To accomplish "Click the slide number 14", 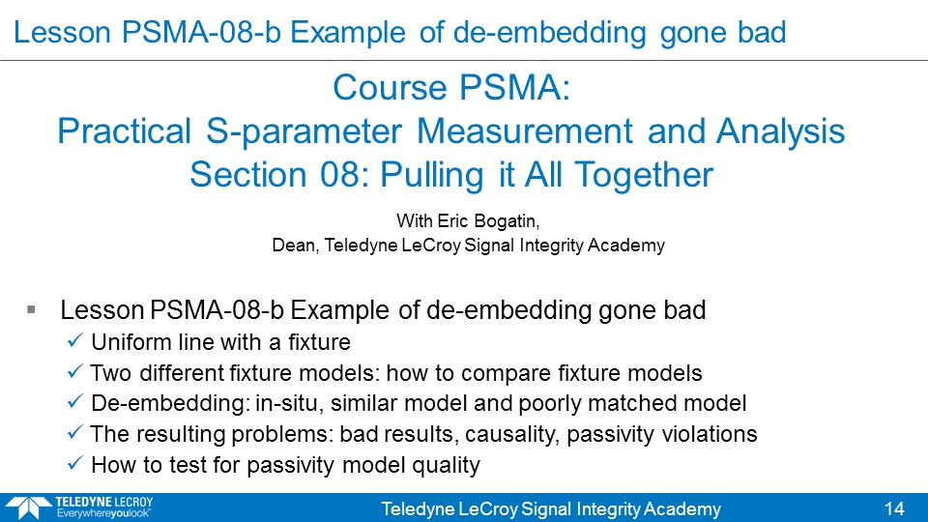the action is click(894, 509).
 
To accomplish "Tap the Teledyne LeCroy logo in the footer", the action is click(79, 507).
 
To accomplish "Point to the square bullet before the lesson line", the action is click(31, 309).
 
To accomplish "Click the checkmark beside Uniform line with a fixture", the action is click(75, 340).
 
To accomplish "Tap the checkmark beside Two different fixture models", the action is click(75, 371).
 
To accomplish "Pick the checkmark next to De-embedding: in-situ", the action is click(75, 401).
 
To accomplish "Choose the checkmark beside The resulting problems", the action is click(75, 432).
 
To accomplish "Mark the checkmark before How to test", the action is click(75, 463).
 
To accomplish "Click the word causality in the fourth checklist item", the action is click(512, 435).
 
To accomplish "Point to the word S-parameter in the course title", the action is click(304, 132).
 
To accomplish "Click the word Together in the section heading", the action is click(644, 176).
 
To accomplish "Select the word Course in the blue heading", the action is click(390, 88).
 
